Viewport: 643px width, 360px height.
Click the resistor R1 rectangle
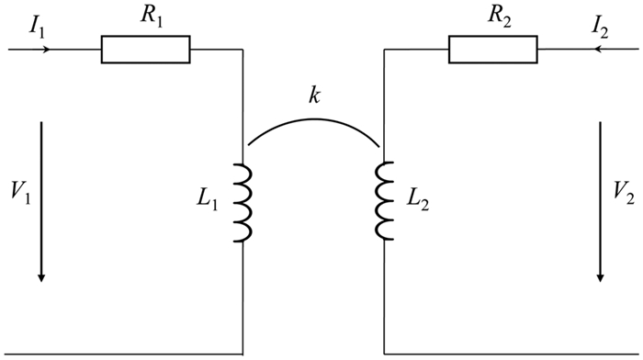pos(145,50)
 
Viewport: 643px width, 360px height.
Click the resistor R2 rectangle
pos(492,50)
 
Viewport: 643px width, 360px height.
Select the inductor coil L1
pos(243,204)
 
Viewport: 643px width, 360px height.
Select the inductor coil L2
pos(383,204)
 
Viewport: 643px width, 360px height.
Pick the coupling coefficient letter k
pos(314,96)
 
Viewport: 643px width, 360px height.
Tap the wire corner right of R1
pos(243,50)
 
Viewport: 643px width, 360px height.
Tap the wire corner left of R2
pos(383,50)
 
